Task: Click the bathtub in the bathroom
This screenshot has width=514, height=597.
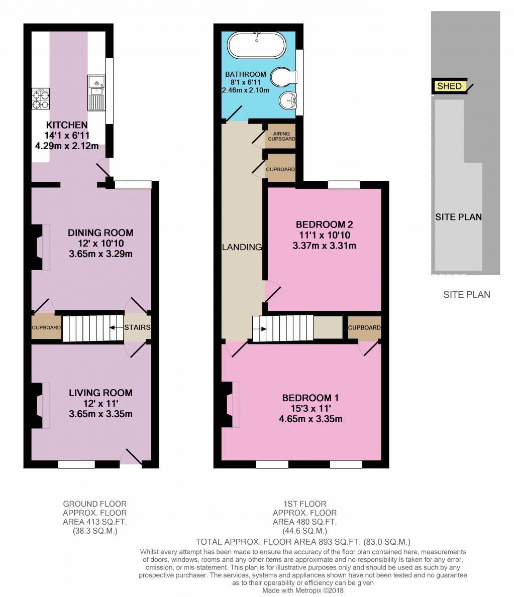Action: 257,45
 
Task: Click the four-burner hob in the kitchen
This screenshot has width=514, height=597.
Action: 40,99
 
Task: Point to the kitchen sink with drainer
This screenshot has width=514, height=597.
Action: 96,92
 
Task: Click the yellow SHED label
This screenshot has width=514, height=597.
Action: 449,86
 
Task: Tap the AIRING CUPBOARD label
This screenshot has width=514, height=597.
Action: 281,136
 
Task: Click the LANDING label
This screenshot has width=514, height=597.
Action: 242,247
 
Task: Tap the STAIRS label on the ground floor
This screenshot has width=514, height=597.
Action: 137,327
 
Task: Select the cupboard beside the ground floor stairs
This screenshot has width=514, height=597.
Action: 46,327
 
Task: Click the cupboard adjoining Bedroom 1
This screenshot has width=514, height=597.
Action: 364,327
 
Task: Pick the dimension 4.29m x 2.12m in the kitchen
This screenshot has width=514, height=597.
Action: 67,146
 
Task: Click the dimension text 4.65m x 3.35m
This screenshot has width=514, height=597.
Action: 311,419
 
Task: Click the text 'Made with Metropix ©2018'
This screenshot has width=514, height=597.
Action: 303,590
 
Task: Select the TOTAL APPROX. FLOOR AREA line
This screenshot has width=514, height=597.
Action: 303,542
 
